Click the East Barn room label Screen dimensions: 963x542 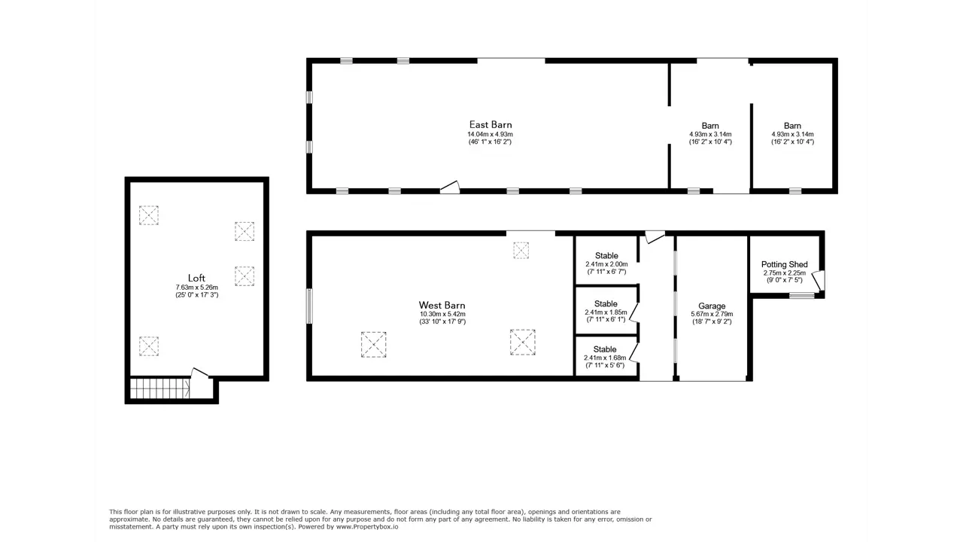(491, 125)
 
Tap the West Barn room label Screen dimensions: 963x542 (442, 306)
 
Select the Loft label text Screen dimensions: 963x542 (196, 278)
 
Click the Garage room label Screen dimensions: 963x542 (712, 306)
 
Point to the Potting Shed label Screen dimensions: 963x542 (784, 264)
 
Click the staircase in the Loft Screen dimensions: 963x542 (160, 388)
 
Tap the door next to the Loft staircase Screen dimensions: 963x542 (199, 373)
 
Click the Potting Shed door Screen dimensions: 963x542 (818, 280)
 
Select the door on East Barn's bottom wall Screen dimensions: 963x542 (450, 187)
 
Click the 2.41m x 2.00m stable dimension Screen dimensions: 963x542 (606, 264)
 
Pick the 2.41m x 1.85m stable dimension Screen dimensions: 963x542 (606, 312)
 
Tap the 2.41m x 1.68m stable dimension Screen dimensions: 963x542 (605, 358)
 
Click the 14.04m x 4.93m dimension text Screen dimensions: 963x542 (490, 134)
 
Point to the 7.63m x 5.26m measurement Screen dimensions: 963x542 (196, 288)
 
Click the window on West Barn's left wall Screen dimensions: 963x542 (309, 306)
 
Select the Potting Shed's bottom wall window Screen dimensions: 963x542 (802, 296)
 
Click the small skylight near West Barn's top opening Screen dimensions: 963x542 (521, 251)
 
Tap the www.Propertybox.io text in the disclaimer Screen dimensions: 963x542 (366, 526)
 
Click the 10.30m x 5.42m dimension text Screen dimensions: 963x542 (442, 314)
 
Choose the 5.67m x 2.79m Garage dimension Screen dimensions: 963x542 (712, 314)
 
